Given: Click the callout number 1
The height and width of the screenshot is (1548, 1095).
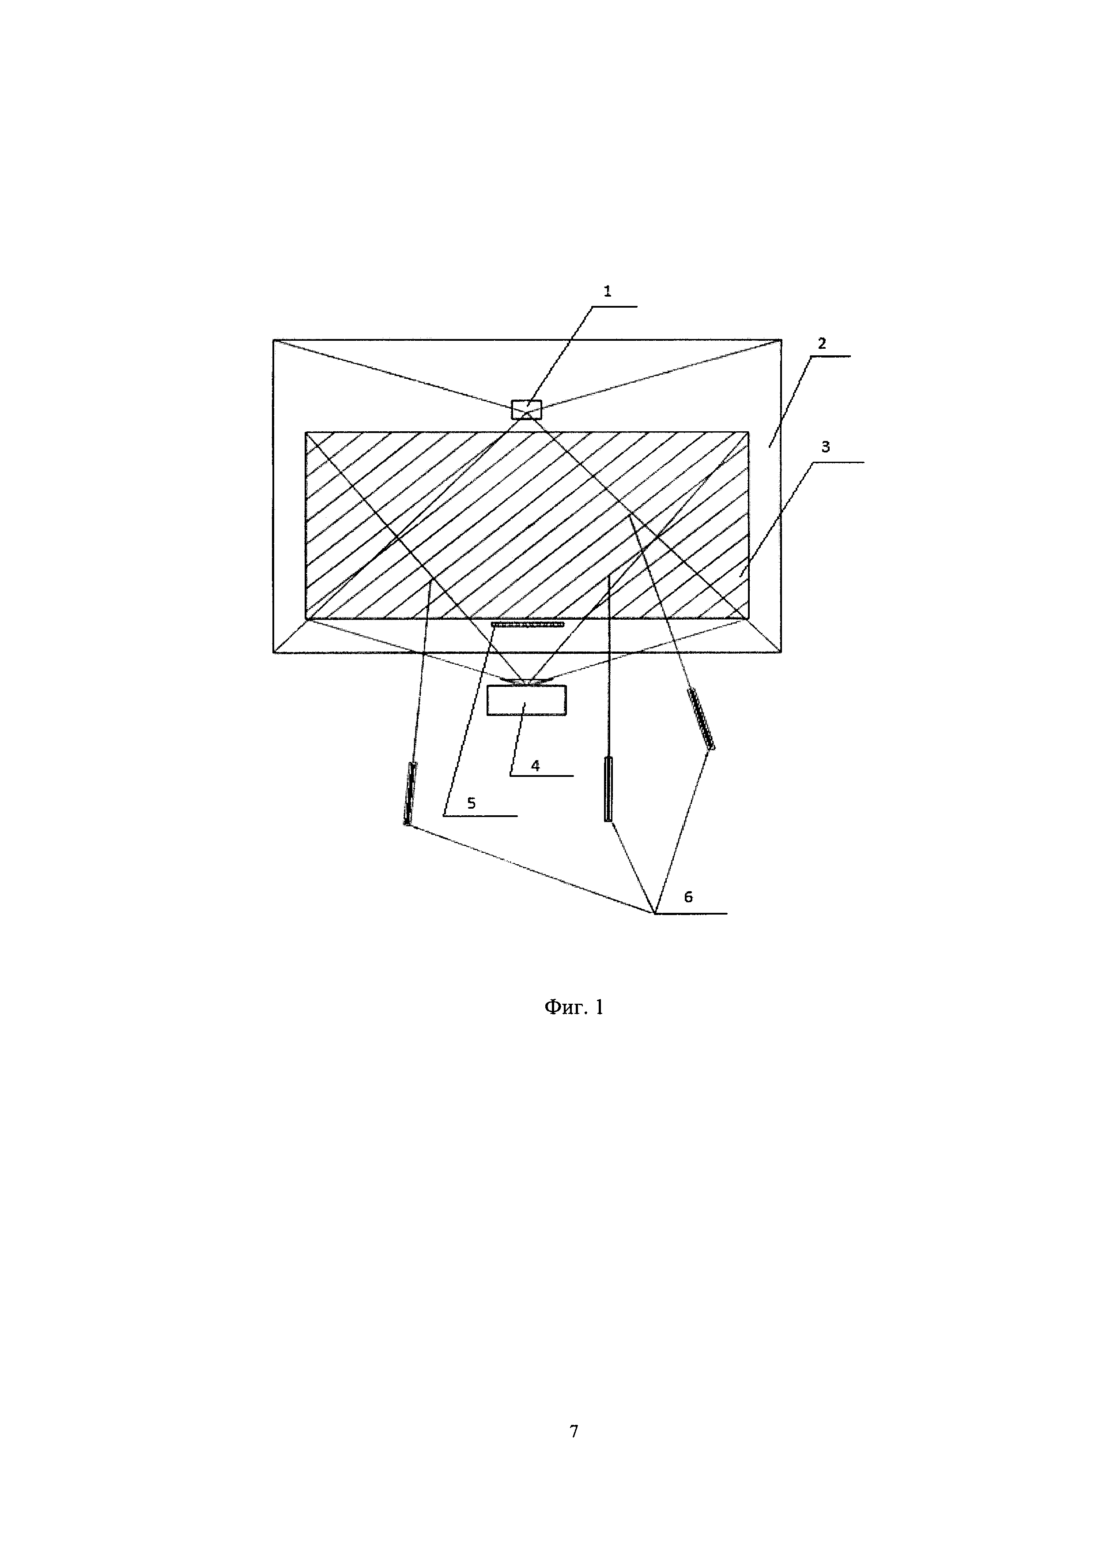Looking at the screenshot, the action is pyautogui.click(x=608, y=291).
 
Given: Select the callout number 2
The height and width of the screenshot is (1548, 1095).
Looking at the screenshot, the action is pyautogui.click(x=822, y=343).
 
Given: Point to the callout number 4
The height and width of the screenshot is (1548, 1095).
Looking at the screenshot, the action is pyautogui.click(x=536, y=765).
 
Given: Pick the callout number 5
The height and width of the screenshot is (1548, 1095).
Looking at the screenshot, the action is pyautogui.click(x=471, y=803).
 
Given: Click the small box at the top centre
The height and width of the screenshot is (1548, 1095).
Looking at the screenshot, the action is pyautogui.click(x=527, y=410).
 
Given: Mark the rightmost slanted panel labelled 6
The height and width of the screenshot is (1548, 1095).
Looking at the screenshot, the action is pyautogui.click(x=701, y=718).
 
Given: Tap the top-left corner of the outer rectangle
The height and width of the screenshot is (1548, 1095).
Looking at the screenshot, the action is pyautogui.click(x=274, y=340).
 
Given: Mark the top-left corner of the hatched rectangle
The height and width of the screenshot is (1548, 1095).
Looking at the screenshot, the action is pyautogui.click(x=306, y=432).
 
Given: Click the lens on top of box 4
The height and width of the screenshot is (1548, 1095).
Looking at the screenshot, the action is pyautogui.click(x=527, y=682).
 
